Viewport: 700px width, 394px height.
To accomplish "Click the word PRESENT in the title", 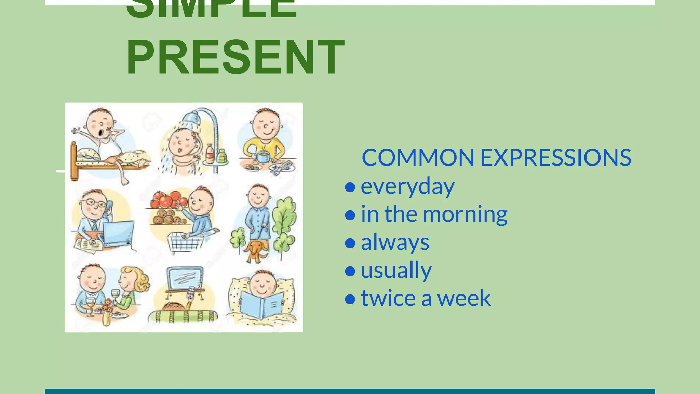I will click(235, 57).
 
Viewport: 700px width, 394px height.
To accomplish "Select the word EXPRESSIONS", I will click(555, 158).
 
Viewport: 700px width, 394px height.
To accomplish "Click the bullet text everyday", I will click(407, 187).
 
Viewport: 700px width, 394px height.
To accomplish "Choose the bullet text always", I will click(395, 242).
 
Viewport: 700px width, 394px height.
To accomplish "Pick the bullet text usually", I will click(396, 270).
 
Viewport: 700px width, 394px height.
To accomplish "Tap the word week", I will click(464, 298).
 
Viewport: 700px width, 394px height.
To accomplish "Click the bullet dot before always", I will click(350, 243).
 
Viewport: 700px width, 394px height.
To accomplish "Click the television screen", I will click(185, 278).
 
